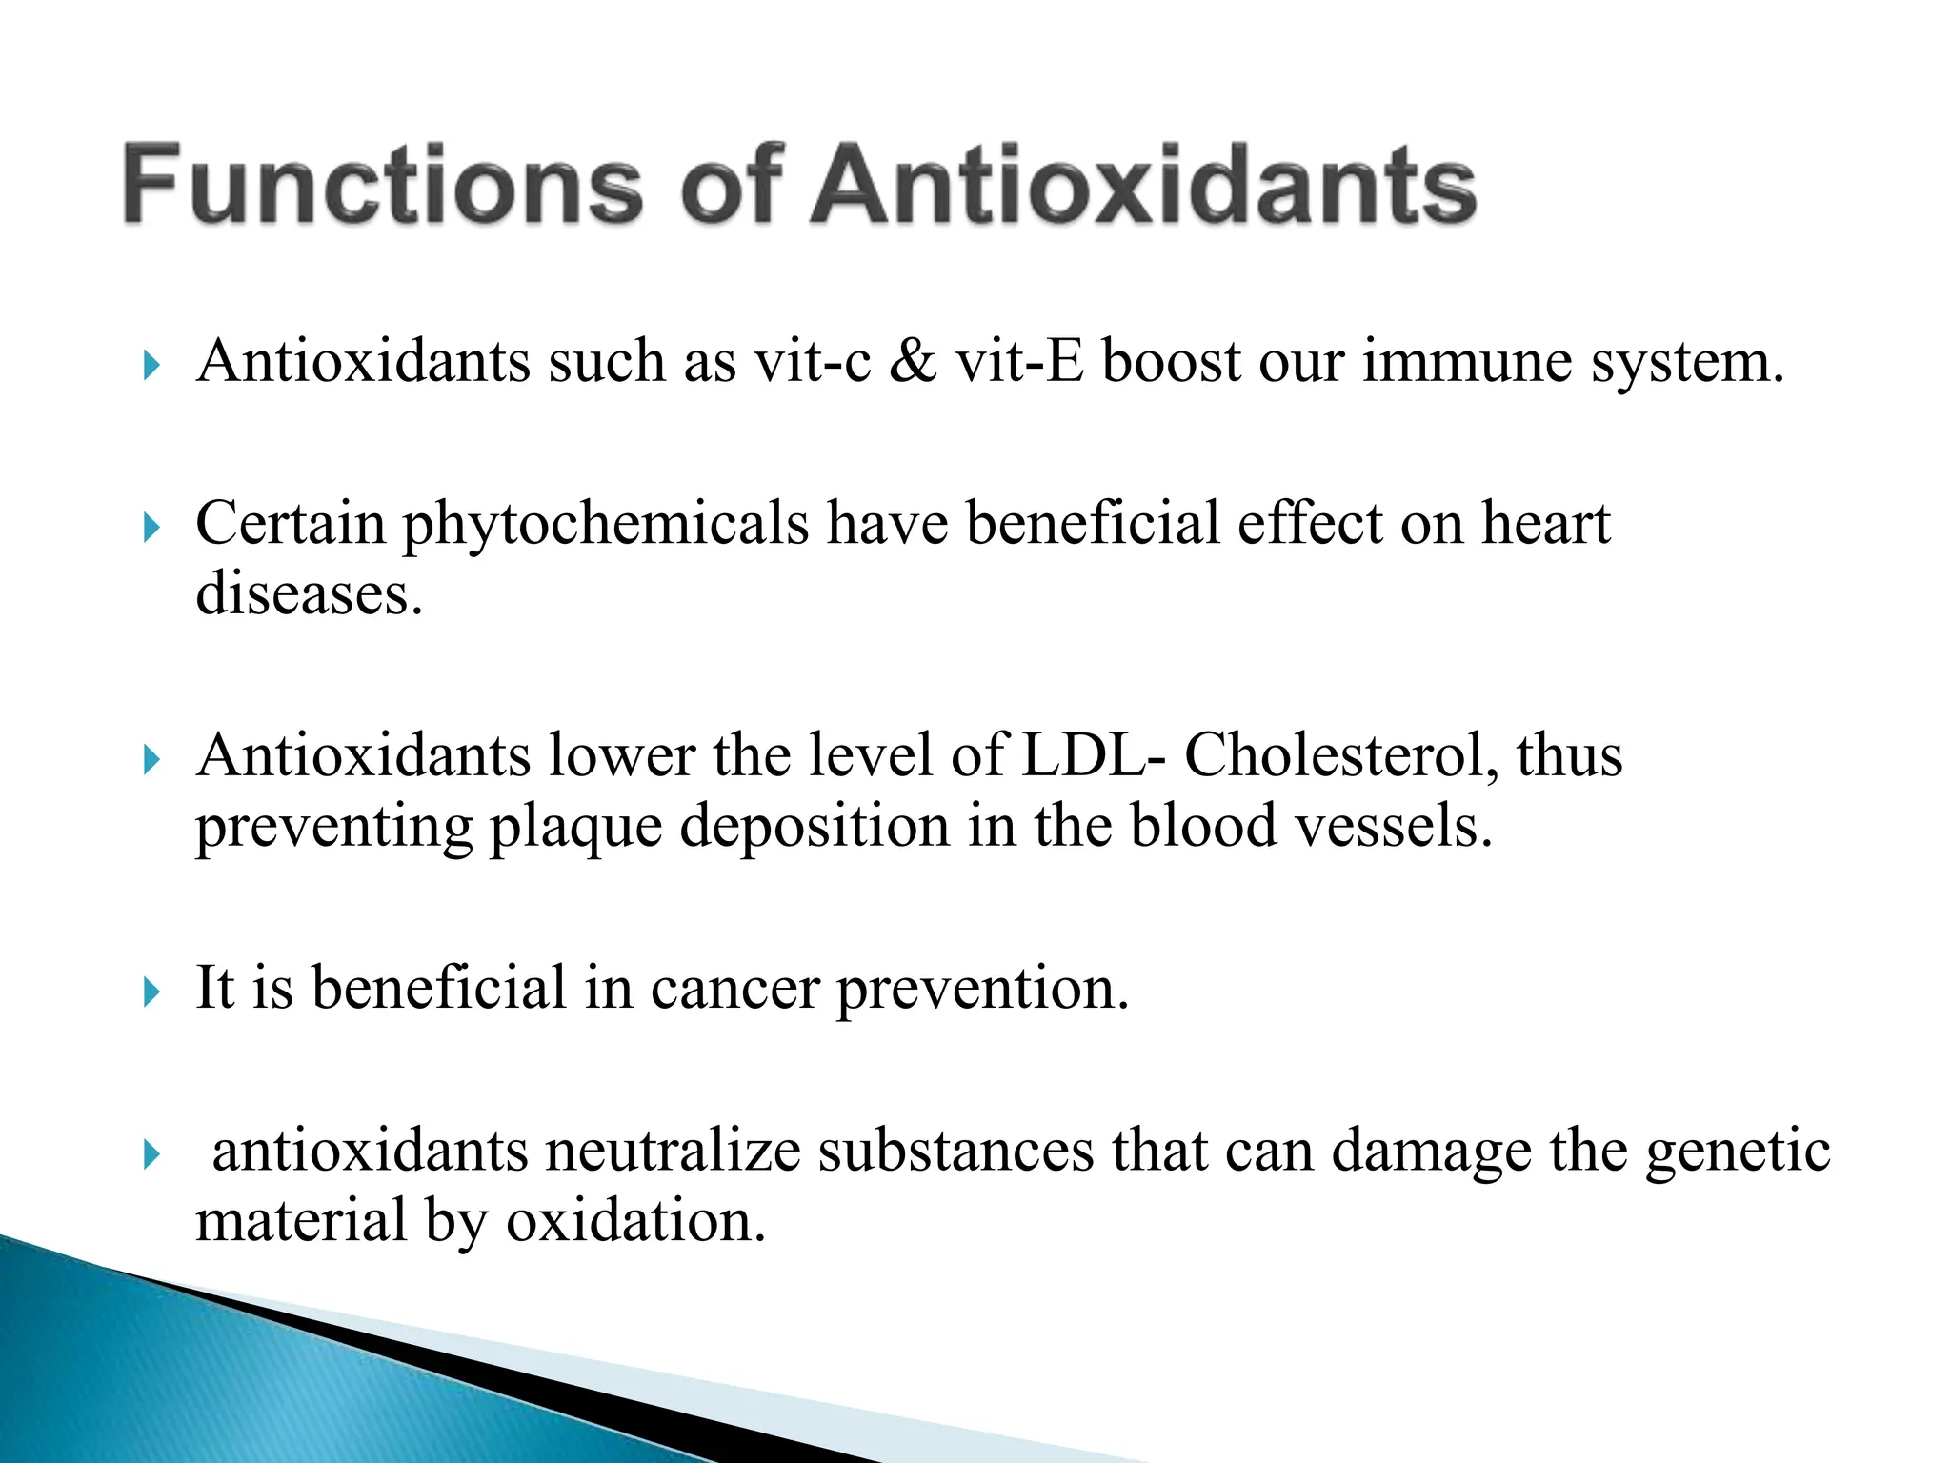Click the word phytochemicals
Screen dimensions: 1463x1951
606,525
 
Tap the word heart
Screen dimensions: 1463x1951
1545,523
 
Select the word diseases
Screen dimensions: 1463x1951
309,593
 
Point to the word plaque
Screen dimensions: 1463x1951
575,827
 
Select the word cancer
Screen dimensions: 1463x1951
734,989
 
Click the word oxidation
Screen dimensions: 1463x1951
635,1221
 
